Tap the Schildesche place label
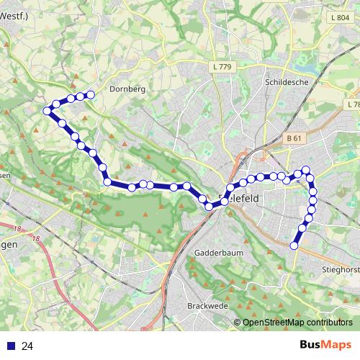click(x=287, y=82)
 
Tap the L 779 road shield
click(x=222, y=67)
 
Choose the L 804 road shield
click(x=341, y=17)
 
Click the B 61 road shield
click(x=292, y=138)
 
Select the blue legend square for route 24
click(x=9, y=346)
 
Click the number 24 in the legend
click(x=28, y=346)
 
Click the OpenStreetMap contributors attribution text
click(x=297, y=323)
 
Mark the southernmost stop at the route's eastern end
click(x=294, y=246)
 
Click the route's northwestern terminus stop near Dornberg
click(x=91, y=95)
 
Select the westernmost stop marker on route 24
click(x=47, y=111)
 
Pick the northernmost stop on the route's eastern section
click(x=306, y=170)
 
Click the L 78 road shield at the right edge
click(x=352, y=104)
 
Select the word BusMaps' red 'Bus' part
click(x=311, y=346)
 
